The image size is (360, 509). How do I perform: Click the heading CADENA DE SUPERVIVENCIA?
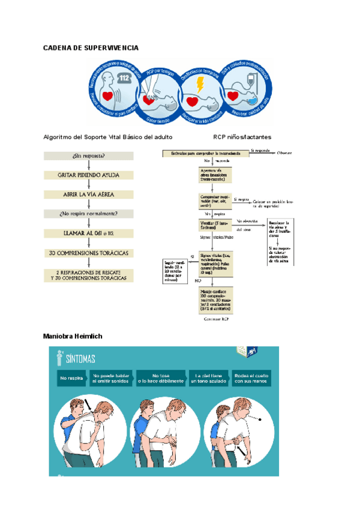pyautogui.click(x=91, y=47)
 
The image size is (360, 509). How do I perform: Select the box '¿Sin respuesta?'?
pyautogui.click(x=89, y=156)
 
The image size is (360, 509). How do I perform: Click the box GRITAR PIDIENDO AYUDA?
pyautogui.click(x=89, y=175)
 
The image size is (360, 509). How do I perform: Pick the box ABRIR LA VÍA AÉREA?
pyautogui.click(x=89, y=194)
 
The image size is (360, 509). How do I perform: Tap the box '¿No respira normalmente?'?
pyautogui.click(x=89, y=213)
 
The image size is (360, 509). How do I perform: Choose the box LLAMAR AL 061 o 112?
pyautogui.click(x=89, y=232)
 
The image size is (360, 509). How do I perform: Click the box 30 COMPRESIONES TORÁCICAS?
pyautogui.click(x=89, y=253)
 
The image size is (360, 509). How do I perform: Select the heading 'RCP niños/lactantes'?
pyautogui.click(x=242, y=137)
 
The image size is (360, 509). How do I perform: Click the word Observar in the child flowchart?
pyautogui.click(x=284, y=153)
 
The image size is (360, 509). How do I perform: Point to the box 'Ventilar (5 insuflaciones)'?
pyautogui.click(x=215, y=226)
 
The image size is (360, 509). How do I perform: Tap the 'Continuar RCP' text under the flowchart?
pyautogui.click(x=216, y=319)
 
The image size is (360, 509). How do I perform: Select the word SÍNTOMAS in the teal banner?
pyautogui.click(x=80, y=359)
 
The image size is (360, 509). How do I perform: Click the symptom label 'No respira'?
pyautogui.click(x=72, y=378)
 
